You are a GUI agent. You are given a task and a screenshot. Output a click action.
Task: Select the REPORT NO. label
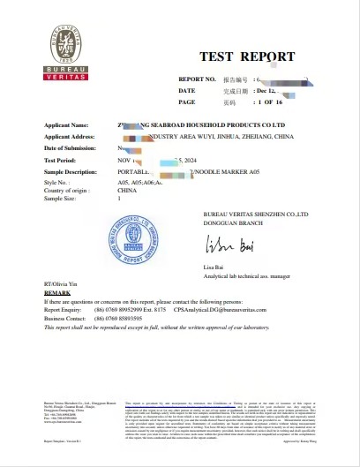197,79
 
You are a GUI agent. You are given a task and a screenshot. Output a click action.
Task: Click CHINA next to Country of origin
128,191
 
